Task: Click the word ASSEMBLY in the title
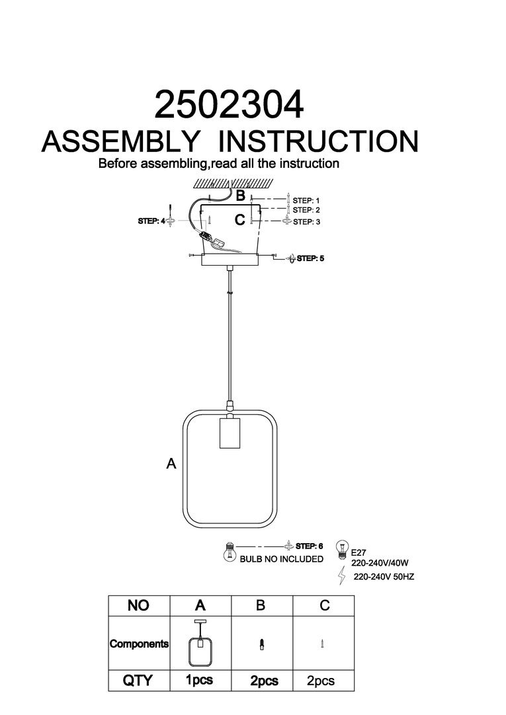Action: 121,141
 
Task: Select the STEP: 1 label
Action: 306,200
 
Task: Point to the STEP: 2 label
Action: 306,210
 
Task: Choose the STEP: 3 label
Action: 306,222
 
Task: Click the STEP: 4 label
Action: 151,221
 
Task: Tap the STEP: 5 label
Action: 310,258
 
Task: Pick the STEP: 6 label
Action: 309,546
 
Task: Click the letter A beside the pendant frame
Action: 171,465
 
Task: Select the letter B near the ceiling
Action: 241,196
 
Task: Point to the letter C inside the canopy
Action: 240,219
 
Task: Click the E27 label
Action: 358,550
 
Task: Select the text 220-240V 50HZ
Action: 384,577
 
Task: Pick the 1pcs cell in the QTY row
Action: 200,681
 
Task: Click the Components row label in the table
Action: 139,644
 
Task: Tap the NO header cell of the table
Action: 139,605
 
